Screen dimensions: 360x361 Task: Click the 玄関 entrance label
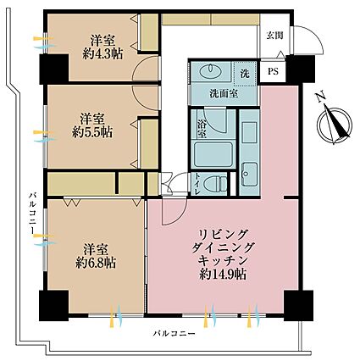274,36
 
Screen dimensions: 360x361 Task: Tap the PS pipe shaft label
273,71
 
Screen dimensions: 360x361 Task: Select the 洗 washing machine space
245,74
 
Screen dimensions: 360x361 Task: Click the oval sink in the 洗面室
210,71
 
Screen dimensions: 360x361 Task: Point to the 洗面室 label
224,93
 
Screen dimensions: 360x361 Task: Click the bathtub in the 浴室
214,154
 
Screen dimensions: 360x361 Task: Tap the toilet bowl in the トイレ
216,183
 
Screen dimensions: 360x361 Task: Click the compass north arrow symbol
335,125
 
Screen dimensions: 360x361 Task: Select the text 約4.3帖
102,53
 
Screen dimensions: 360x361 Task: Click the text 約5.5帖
92,132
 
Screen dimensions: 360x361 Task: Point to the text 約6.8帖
96,264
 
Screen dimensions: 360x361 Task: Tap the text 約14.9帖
223,274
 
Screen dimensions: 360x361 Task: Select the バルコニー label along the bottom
174,334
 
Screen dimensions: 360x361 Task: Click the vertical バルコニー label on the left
34,213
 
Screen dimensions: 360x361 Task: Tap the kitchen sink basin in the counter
249,174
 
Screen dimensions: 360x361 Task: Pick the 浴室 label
202,130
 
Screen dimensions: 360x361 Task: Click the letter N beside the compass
321,97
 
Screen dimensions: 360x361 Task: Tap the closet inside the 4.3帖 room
149,32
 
